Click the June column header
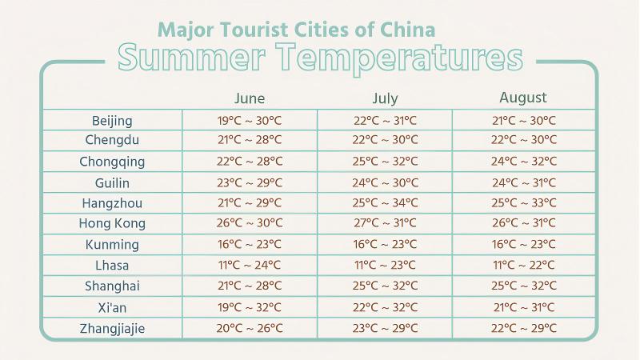pyautogui.click(x=250, y=99)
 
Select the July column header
pyautogui.click(x=385, y=99)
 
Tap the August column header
pyautogui.click(x=523, y=98)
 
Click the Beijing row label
pyautogui.click(x=112, y=121)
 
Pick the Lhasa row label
pyautogui.click(x=112, y=266)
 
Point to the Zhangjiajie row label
pyautogui.click(x=112, y=328)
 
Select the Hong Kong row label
pyautogui.click(x=112, y=224)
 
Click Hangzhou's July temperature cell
pyautogui.click(x=385, y=203)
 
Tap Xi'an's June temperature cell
pyautogui.click(x=250, y=307)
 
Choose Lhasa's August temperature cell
pyautogui.click(x=523, y=266)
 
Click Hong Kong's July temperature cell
pyautogui.click(x=385, y=224)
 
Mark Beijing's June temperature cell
pyautogui.click(x=250, y=121)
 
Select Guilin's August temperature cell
pyautogui.click(x=523, y=182)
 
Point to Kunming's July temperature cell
pyautogui.click(x=385, y=245)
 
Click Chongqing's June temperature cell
pyautogui.click(x=250, y=162)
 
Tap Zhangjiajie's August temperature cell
pyautogui.click(x=523, y=328)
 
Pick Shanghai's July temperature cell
pyautogui.click(x=385, y=286)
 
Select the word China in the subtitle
pyautogui.click(x=408, y=30)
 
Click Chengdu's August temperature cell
pyautogui.click(x=523, y=141)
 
